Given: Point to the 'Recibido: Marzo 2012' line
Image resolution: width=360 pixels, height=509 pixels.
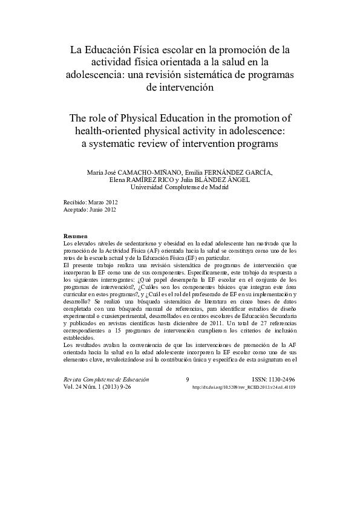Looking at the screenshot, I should [90, 202].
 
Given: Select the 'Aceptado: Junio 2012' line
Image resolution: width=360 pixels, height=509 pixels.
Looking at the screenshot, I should [90, 209].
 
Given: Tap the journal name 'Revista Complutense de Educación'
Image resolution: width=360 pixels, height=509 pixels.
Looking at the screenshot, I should [106, 379].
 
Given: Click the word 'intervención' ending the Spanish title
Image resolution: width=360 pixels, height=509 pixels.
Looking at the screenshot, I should [180, 88].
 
